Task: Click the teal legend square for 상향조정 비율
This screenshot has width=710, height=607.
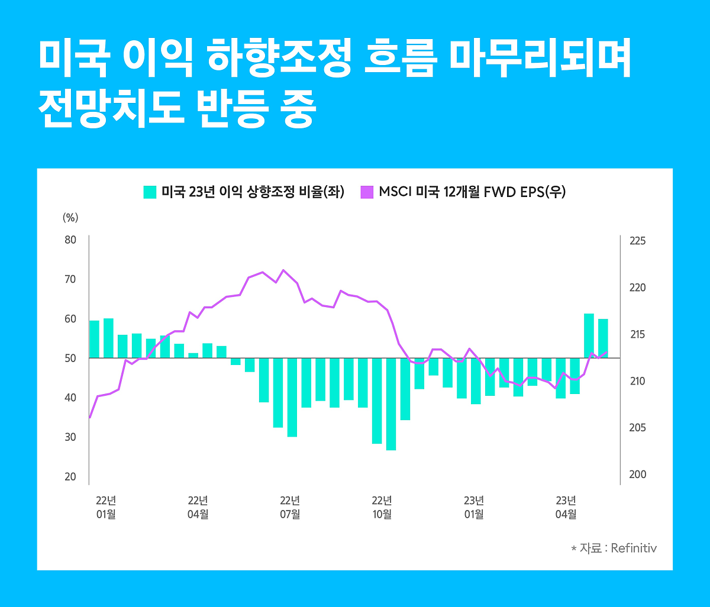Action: (x=150, y=192)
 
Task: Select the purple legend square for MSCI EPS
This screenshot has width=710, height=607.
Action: (x=367, y=192)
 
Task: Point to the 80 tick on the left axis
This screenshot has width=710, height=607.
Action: (x=70, y=240)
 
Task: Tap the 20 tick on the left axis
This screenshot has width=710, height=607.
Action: (x=70, y=477)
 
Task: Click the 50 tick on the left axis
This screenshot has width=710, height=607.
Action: (x=70, y=358)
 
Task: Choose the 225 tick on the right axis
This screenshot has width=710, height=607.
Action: (x=638, y=241)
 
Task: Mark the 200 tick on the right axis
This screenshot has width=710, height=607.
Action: (x=638, y=474)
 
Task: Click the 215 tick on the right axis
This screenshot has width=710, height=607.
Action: (x=638, y=335)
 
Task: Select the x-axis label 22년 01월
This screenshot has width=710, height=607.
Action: (x=106, y=506)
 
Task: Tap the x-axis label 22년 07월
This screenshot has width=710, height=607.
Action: (x=290, y=506)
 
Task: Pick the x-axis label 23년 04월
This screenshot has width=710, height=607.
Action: (x=566, y=506)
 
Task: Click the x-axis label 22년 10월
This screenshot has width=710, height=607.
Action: (x=382, y=506)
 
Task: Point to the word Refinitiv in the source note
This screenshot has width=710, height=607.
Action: (x=634, y=548)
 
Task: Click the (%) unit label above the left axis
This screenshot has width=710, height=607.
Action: (x=70, y=217)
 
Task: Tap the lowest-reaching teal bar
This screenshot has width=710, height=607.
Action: (x=391, y=403)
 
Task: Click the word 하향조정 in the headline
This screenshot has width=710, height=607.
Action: (x=276, y=59)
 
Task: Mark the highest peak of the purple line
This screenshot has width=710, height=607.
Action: (x=283, y=270)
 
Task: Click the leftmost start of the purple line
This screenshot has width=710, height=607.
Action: (x=89, y=418)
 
